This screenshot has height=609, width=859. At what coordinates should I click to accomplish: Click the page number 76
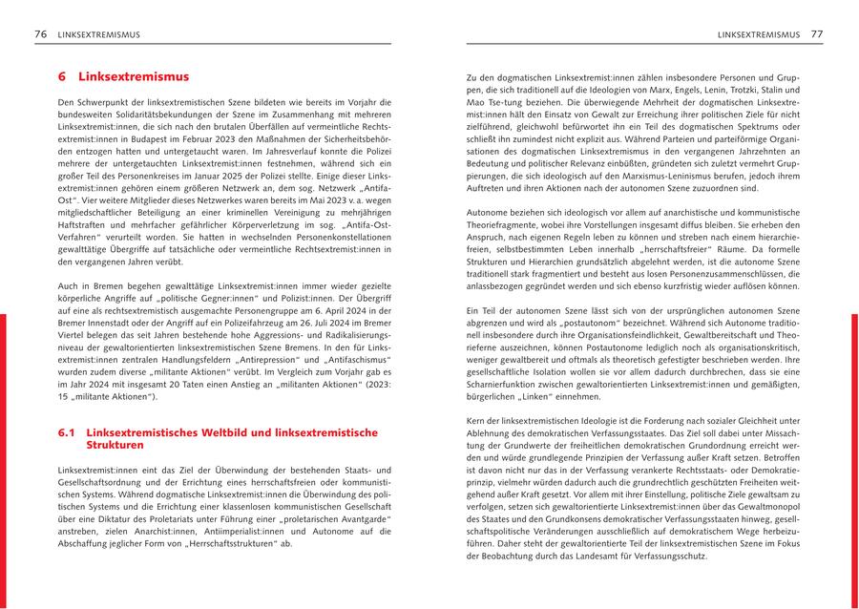[x=40, y=34]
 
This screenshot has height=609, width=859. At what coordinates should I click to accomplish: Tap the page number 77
[x=817, y=34]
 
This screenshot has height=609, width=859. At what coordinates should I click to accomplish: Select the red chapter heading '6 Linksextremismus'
[x=124, y=76]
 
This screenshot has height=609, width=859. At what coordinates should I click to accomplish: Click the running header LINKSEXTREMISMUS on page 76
[x=99, y=34]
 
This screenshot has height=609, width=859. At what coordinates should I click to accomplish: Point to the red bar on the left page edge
[x=3, y=458]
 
